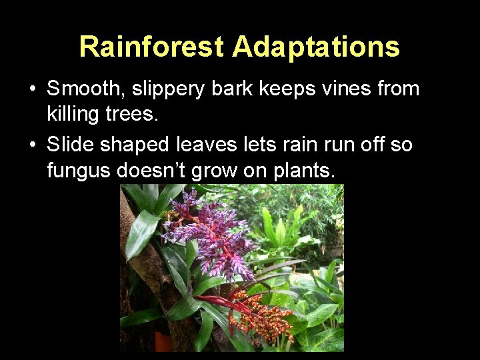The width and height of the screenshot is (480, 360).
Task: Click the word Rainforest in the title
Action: tap(152, 47)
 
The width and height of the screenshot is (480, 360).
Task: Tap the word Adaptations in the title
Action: tap(317, 47)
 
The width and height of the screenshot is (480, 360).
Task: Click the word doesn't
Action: tap(151, 171)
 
